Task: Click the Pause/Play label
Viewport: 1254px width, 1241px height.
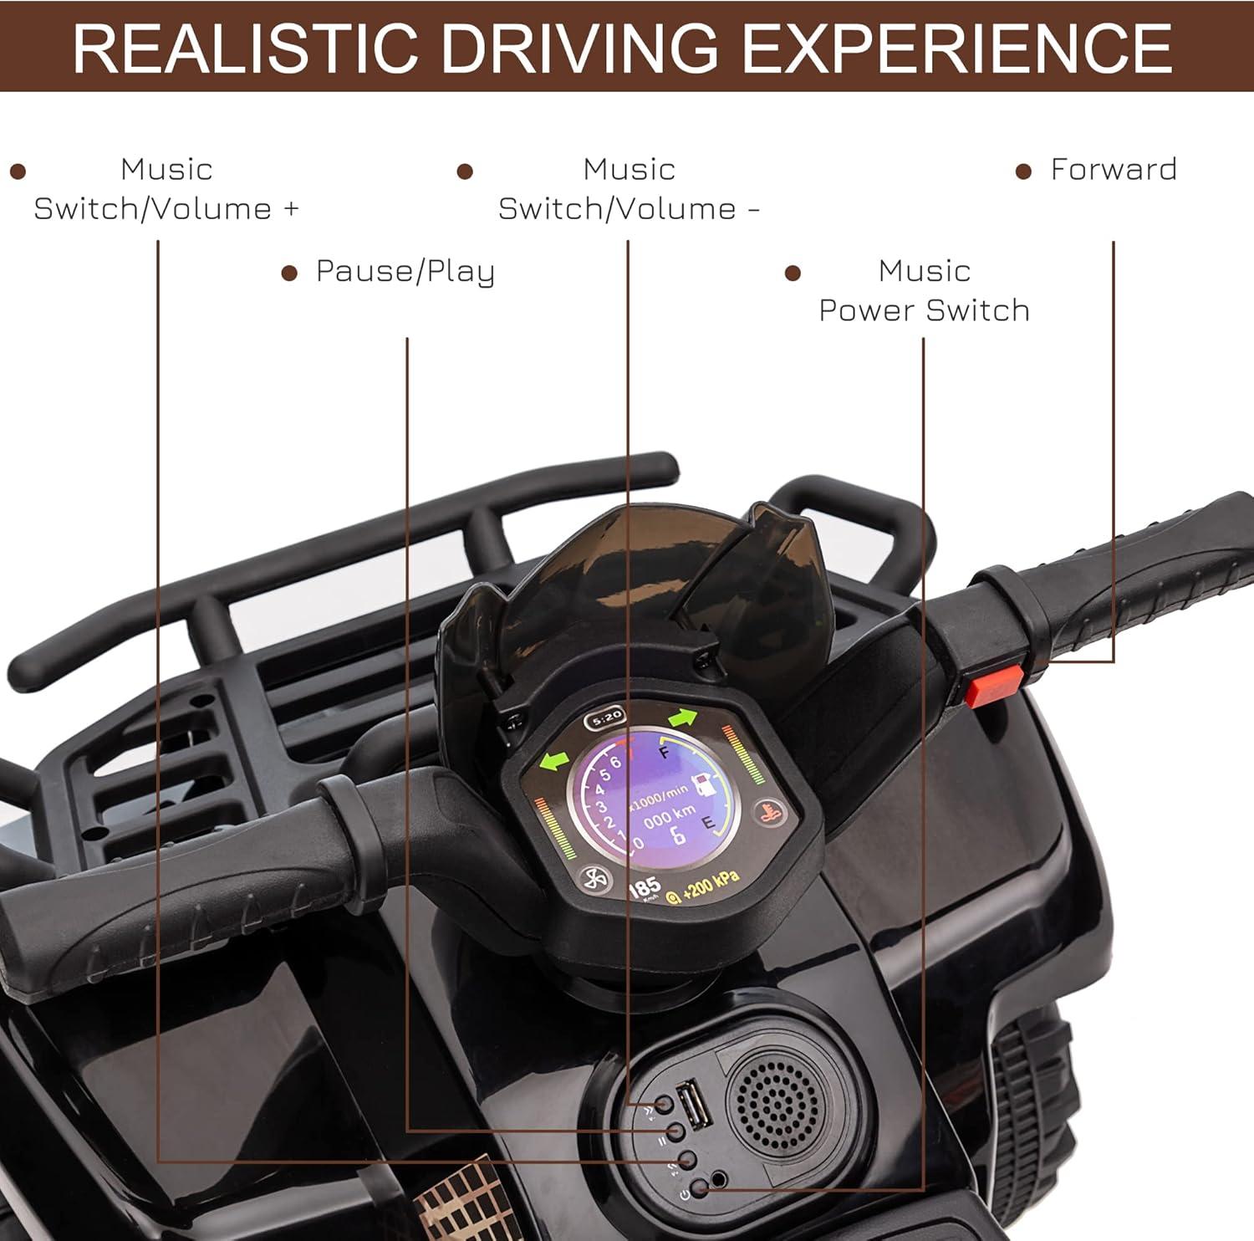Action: click(x=405, y=272)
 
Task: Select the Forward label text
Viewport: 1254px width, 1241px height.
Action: click(x=1114, y=170)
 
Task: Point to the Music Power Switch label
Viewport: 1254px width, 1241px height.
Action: click(x=924, y=290)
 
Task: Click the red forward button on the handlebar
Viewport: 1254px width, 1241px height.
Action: click(x=994, y=686)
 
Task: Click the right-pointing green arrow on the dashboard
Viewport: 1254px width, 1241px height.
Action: click(x=683, y=718)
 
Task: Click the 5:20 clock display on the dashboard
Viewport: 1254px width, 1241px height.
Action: click(x=605, y=718)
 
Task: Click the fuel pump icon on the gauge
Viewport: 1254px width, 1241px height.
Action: click(x=704, y=784)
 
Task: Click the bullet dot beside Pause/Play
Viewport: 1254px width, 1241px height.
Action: click(x=290, y=273)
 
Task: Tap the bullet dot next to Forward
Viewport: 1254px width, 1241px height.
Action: click(x=1023, y=171)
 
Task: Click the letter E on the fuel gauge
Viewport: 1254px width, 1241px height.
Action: click(x=707, y=824)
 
